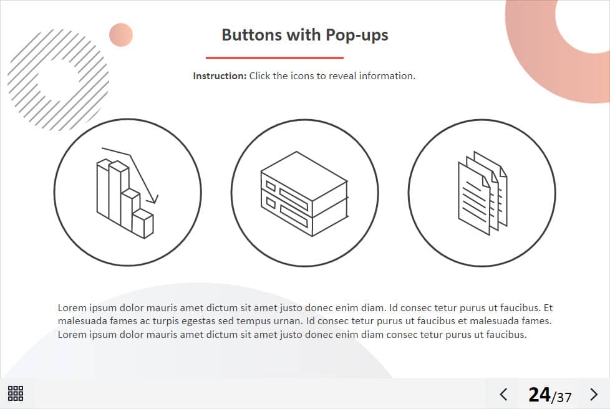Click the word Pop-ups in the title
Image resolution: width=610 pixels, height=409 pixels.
coord(357,36)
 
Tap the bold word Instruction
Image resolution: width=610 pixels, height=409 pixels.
coord(220,76)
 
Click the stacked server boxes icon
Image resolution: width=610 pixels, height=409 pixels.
coord(304,194)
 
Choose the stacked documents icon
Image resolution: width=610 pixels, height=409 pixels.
coord(482,193)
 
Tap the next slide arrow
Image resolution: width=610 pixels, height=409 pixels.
coord(594,394)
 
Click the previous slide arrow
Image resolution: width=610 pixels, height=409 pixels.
coord(503,394)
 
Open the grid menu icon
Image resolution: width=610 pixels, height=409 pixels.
coord(16,393)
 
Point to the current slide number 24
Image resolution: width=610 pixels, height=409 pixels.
coord(539,395)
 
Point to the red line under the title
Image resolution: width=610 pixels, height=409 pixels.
coord(274,58)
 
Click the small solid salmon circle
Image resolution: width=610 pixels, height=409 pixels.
coord(121,35)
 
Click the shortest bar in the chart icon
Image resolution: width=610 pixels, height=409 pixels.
coord(143,223)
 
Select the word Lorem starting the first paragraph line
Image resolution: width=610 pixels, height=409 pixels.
coord(72,308)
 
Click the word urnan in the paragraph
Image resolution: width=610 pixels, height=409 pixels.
coord(287,321)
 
